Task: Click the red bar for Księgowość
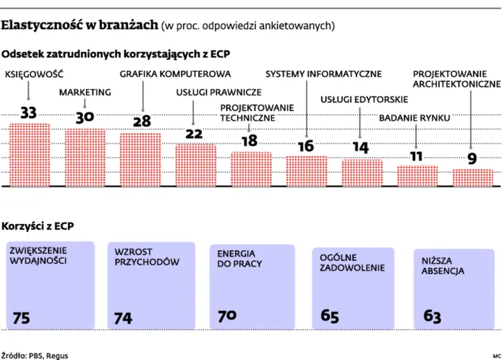point(29,155)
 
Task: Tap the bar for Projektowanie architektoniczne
point(473,178)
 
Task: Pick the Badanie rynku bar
point(417,176)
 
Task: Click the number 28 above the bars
point(140,120)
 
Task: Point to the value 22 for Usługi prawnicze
point(195,133)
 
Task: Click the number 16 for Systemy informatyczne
point(306,145)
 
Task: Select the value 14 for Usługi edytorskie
point(361,147)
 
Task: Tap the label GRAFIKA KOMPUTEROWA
point(174,74)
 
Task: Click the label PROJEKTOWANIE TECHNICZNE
point(247,112)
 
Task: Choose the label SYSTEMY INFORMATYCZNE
point(323,74)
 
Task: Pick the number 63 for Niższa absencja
point(431,316)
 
